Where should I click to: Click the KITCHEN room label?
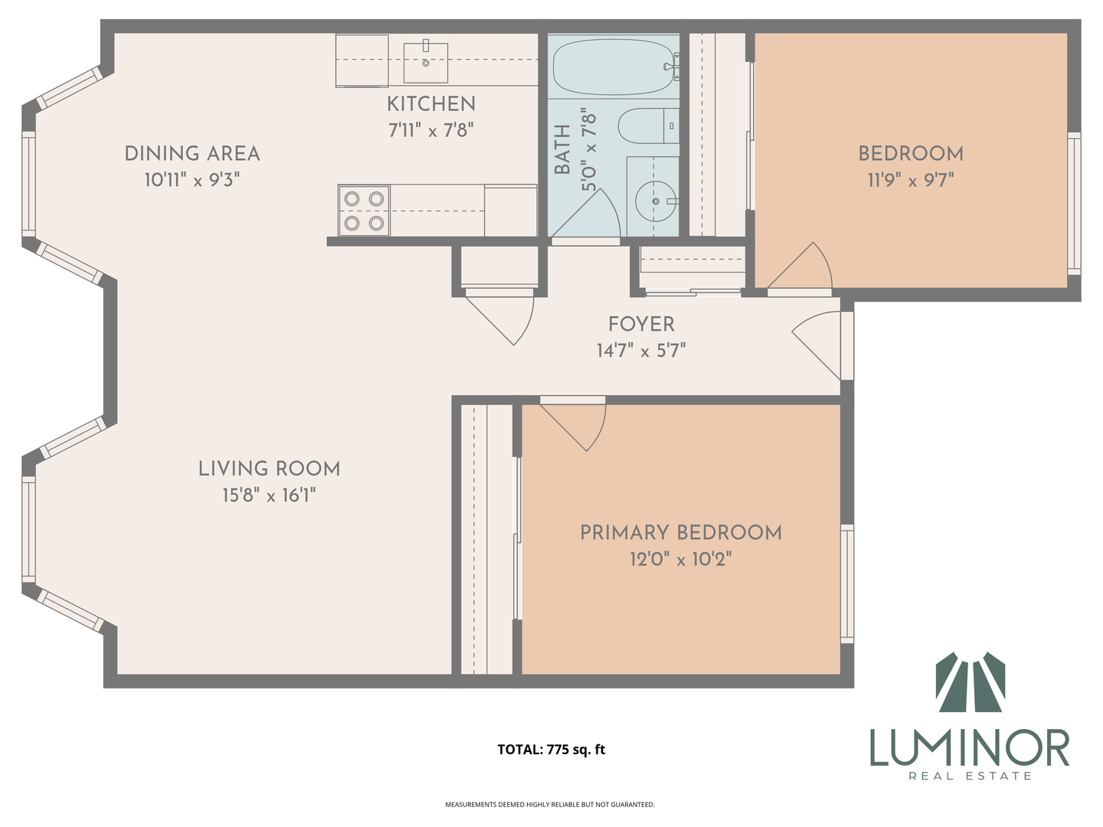pos(430,104)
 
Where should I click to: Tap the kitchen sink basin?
pos(426,62)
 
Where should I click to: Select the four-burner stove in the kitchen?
pos(364,211)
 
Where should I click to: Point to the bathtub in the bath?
pos(613,67)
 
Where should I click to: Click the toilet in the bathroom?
pos(648,126)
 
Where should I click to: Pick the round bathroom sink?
pos(655,201)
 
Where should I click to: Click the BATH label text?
pos(563,149)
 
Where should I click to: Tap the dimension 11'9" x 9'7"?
pos(911,180)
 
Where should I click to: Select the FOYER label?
pos(641,325)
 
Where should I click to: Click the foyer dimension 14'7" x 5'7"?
pos(641,351)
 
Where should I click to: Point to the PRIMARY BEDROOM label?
pos(681,533)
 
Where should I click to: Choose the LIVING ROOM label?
pos(270,469)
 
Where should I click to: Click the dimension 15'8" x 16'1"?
pos(270,495)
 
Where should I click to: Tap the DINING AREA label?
pos(192,154)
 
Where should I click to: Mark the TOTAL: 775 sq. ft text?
pos(551,750)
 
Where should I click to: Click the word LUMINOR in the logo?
pos(969,748)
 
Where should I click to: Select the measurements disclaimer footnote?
pos(550,804)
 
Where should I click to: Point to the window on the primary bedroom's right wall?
pos(847,584)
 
